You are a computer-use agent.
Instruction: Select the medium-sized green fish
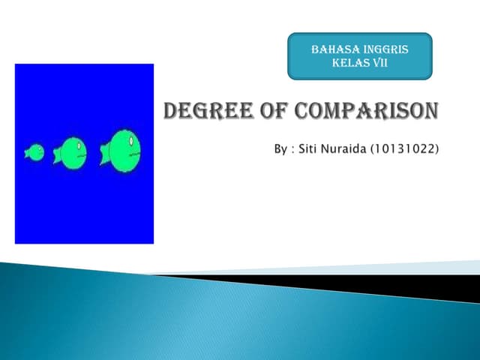point(71,152)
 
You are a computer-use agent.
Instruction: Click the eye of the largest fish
point(132,140)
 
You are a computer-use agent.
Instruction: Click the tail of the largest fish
point(104,154)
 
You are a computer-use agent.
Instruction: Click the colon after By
point(294,149)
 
